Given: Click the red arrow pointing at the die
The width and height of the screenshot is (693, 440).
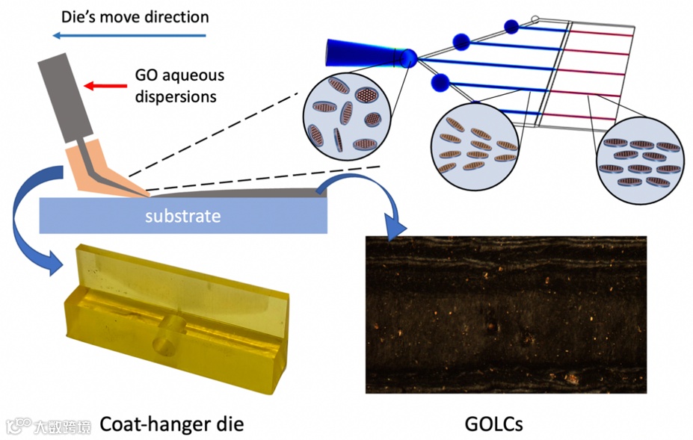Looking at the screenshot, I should (101, 86).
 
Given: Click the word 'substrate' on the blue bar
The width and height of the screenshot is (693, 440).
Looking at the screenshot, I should (183, 217).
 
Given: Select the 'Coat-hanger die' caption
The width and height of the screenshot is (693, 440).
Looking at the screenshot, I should (171, 424).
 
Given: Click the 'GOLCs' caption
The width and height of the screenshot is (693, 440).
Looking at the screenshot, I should (493, 424).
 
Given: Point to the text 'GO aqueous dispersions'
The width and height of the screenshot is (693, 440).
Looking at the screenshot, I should (179, 86).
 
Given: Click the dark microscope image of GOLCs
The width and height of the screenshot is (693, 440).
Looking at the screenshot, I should (505, 314).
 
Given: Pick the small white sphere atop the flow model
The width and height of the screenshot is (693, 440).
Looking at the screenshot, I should (535, 19).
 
